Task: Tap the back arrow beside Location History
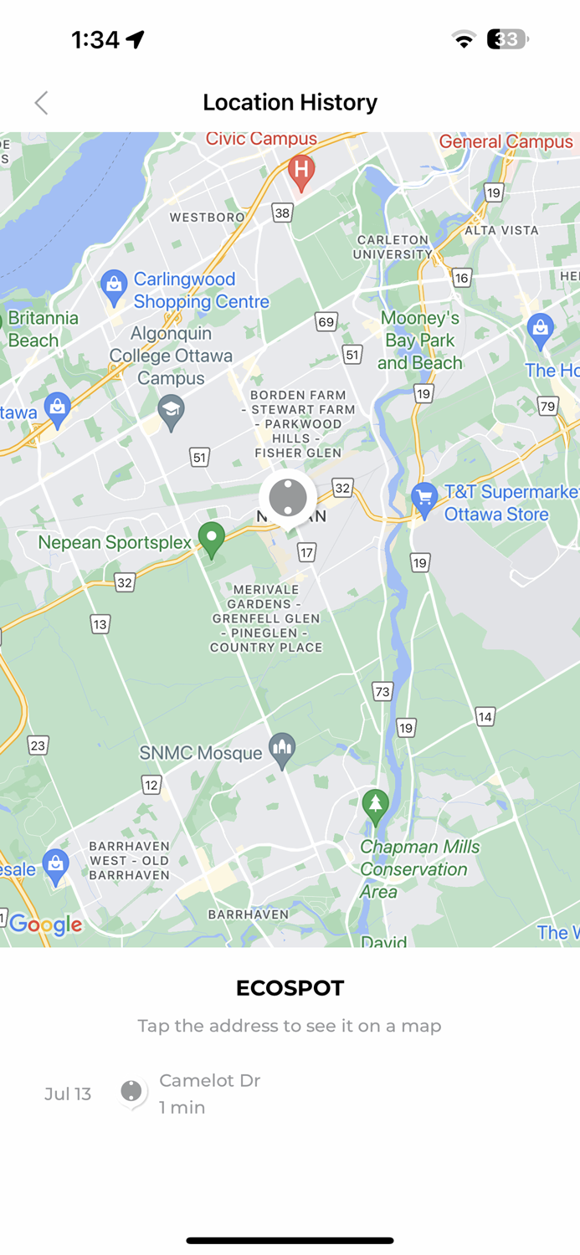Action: click(41, 103)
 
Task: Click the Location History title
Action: click(290, 102)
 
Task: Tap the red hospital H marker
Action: click(301, 172)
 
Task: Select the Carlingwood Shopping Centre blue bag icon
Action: click(113, 286)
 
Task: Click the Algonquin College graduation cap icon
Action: click(172, 411)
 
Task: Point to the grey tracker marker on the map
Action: click(288, 498)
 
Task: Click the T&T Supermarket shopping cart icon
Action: click(424, 499)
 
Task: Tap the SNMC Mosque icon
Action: click(282, 750)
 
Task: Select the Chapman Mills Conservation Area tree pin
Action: click(376, 806)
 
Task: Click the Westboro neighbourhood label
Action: click(207, 218)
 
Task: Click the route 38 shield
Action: click(282, 213)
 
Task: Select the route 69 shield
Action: click(326, 321)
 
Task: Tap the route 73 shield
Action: click(382, 691)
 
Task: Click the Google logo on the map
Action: click(45, 925)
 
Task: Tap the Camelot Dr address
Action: click(209, 1080)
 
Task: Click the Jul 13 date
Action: click(68, 1094)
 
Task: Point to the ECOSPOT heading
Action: click(290, 988)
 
